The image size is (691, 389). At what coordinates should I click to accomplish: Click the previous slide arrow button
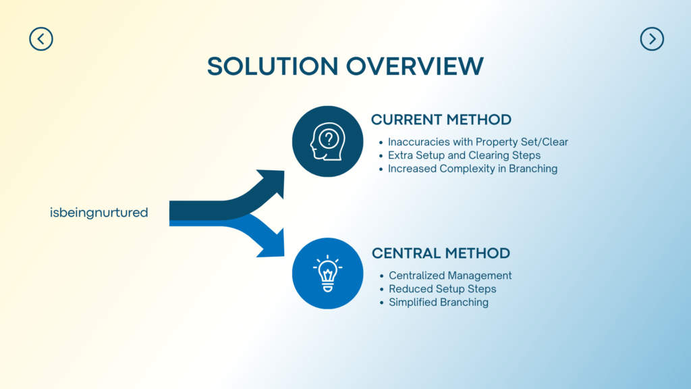coord(41,39)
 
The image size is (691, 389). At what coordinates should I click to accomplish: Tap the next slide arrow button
coord(652,39)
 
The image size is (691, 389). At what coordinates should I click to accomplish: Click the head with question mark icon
coord(327,141)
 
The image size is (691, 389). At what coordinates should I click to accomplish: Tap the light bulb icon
coord(327,273)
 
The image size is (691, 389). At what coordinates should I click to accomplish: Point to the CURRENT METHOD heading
coord(441,120)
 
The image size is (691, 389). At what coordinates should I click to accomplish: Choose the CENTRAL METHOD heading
coord(441,254)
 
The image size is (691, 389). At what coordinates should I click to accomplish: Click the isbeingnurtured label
coord(99,213)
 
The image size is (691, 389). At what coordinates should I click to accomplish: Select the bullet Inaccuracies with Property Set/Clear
coord(478,142)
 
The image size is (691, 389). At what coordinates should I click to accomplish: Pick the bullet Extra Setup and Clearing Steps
coord(464,155)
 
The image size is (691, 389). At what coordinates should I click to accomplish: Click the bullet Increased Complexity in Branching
coord(472,169)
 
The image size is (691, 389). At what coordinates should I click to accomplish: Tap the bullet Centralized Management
coord(450,276)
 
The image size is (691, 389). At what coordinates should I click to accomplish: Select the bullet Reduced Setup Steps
coord(443,289)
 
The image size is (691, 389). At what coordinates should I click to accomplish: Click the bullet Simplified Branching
coord(439,303)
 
